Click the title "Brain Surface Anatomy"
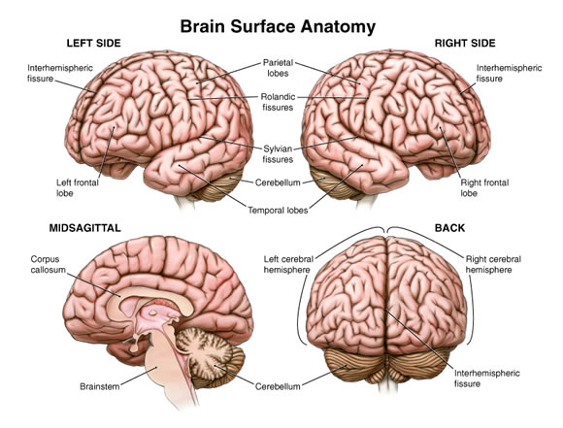tap(278, 27)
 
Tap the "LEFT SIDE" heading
tap(94, 43)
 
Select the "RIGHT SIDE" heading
tap(465, 43)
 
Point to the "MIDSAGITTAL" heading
tap(85, 228)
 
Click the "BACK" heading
tap(449, 228)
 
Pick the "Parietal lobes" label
tap(278, 68)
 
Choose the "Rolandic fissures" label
tap(278, 102)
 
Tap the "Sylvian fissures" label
tap(278, 153)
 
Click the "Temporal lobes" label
tap(278, 210)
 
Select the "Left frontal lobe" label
tap(78, 187)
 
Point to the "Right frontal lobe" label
tap(484, 187)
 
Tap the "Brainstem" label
tap(99, 386)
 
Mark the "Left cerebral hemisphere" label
tap(288, 264)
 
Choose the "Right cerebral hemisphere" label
tap(493, 264)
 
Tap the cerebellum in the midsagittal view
tap(210, 355)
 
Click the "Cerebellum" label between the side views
tap(278, 182)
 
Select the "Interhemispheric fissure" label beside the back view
tap(486, 379)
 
